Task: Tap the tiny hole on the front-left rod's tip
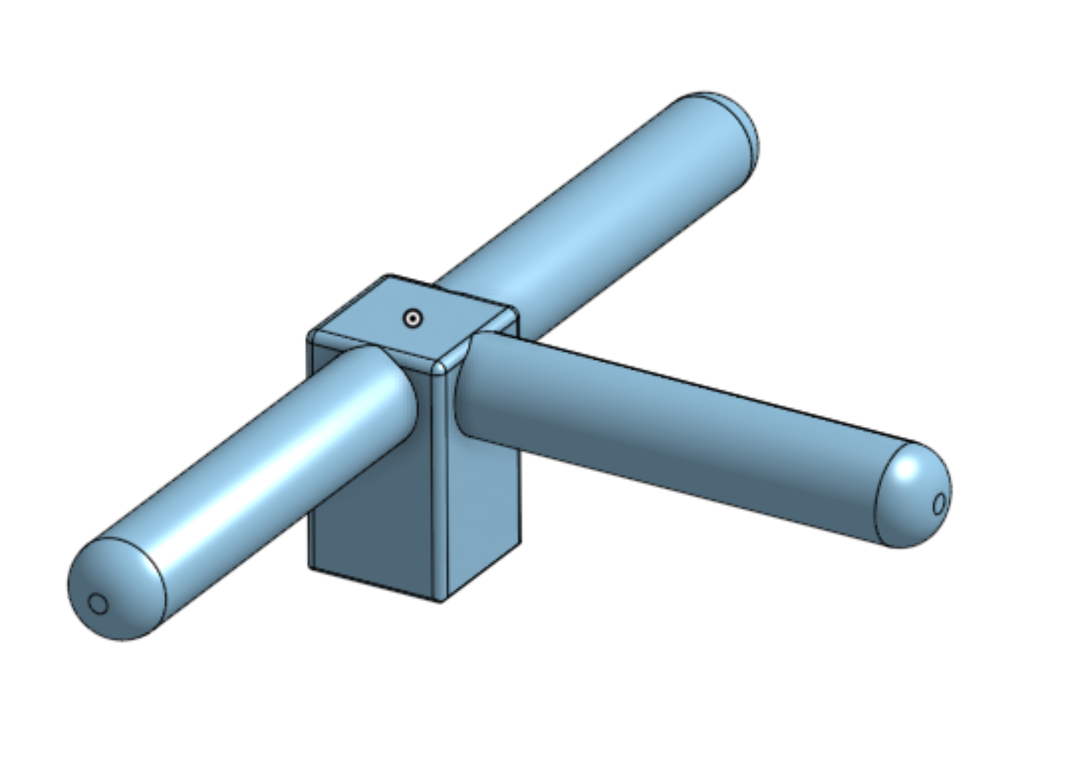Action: click(x=98, y=604)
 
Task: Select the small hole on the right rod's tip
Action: click(x=939, y=504)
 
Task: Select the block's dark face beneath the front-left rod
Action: click(x=370, y=516)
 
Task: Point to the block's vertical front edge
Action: click(x=441, y=497)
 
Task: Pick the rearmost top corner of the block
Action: click(x=389, y=275)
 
